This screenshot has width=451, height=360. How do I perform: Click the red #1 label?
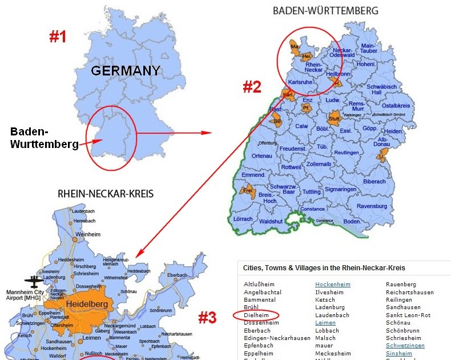[x=58, y=37]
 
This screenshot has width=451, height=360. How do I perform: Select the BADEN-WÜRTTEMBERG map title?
[x=325, y=10]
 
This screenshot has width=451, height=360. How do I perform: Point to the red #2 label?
[x=252, y=87]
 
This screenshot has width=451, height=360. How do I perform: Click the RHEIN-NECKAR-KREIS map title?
[x=106, y=194]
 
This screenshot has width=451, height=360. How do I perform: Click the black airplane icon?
[x=32, y=282]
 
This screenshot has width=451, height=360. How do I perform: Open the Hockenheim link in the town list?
[x=332, y=284]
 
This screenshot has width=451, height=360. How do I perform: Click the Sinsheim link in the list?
[x=399, y=353]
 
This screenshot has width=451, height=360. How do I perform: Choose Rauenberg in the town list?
[x=401, y=284]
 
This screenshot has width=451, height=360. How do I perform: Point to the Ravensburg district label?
[x=371, y=206]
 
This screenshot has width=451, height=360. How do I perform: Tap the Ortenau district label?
[x=262, y=155]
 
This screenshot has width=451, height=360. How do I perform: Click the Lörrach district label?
[x=243, y=219]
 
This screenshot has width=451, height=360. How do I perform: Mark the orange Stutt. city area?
[x=335, y=119]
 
